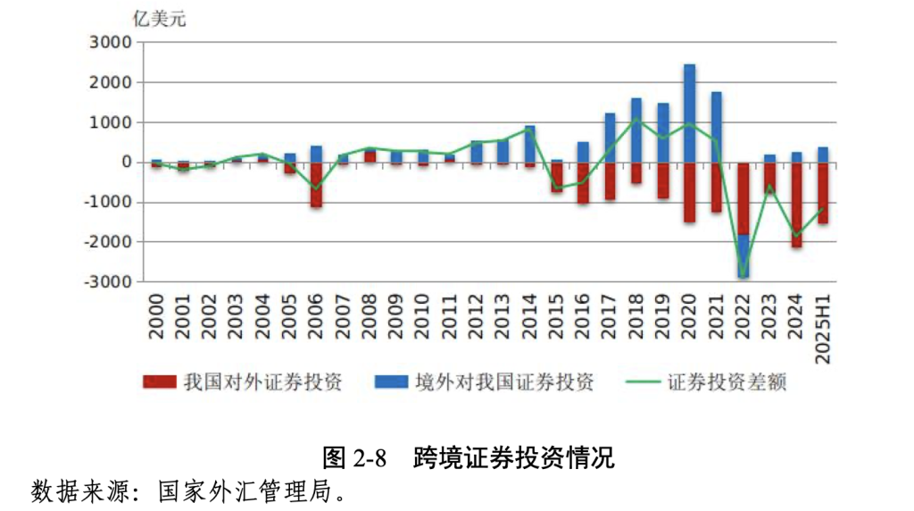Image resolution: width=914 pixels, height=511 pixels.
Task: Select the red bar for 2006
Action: pos(316,185)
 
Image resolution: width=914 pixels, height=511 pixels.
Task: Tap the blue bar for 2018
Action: pos(636,130)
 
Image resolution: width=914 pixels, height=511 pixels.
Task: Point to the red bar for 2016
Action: pos(583,183)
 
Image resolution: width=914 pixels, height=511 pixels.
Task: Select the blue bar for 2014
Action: pos(529,144)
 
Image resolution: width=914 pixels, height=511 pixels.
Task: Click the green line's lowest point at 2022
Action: pos(743,276)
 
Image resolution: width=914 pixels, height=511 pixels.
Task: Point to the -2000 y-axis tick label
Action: pos(106,242)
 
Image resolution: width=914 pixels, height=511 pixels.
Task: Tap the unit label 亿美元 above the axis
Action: pos(160,19)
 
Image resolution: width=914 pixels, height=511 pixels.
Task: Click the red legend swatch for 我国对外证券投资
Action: pos(160,383)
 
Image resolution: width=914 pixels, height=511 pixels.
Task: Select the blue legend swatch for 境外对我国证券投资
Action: pos(392,383)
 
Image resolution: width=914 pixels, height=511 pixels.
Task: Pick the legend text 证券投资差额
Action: pos(728,383)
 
